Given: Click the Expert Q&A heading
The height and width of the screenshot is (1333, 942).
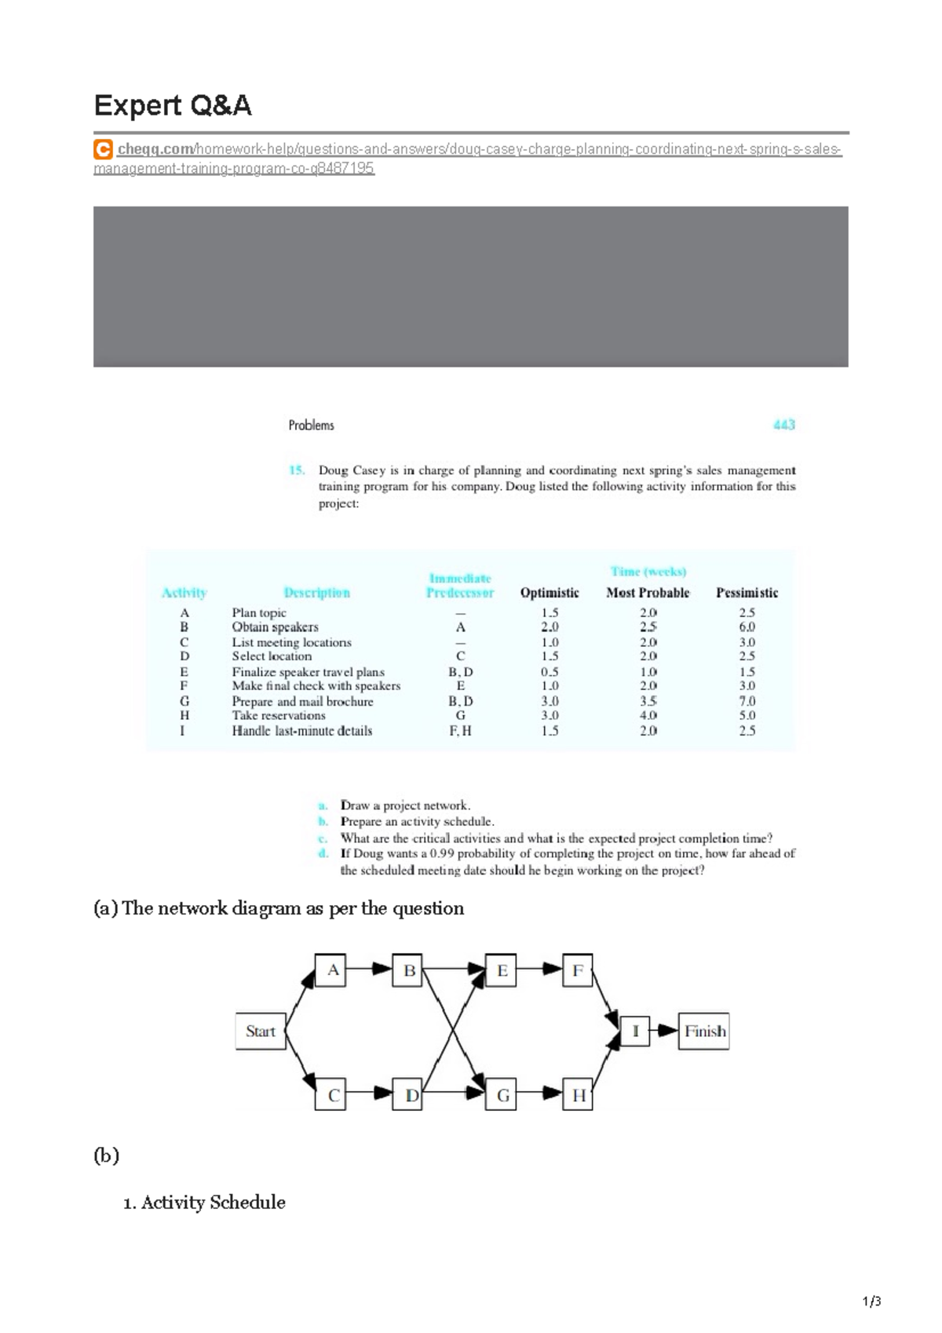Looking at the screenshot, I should coord(173,105).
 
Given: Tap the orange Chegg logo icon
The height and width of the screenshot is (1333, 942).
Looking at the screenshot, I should coord(102,149).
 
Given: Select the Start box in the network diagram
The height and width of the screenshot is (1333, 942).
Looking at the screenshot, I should coord(260,1032).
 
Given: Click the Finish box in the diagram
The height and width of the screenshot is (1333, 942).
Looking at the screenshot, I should coord(704,1032).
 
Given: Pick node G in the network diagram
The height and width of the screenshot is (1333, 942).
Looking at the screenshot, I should coord(502,1095).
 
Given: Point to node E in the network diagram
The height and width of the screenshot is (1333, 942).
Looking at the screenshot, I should coord(502,970).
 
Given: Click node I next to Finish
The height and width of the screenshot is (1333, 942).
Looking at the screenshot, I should coord(635,1032).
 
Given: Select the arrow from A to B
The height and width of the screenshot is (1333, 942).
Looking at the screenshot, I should coord(369,969).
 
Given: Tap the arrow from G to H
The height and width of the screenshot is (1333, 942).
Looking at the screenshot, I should coord(540,1094).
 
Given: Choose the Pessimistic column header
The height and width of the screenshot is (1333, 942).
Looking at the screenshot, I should coord(747,593).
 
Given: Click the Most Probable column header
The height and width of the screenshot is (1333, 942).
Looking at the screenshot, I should coord(648,593).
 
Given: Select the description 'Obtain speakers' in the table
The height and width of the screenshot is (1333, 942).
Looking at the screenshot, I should coord(275,627).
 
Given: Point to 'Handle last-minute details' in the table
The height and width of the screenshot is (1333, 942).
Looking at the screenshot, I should coord(301,731).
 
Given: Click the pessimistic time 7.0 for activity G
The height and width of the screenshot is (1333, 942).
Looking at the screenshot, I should coord(747,701).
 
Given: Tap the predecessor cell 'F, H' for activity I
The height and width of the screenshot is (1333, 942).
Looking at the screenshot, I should coord(460,731).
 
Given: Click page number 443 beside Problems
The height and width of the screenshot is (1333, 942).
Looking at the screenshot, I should coord(783,425).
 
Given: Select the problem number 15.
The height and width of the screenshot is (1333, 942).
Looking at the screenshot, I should coord(297,470).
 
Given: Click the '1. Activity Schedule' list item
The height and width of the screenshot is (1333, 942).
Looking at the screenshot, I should coord(204,1203).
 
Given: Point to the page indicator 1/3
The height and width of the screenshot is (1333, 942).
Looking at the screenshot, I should coord(871,1301).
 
